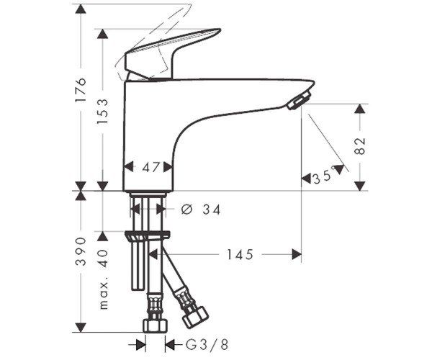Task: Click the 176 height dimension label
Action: [x=81, y=90]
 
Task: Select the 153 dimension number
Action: [x=103, y=112]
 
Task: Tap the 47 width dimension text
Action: [x=151, y=167]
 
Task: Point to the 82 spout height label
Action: [x=360, y=146]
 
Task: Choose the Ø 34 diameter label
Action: [x=201, y=210]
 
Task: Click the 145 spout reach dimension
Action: [x=240, y=255]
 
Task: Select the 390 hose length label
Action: [x=81, y=251]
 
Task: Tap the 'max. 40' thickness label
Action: [x=104, y=279]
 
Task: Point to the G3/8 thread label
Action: [x=207, y=345]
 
